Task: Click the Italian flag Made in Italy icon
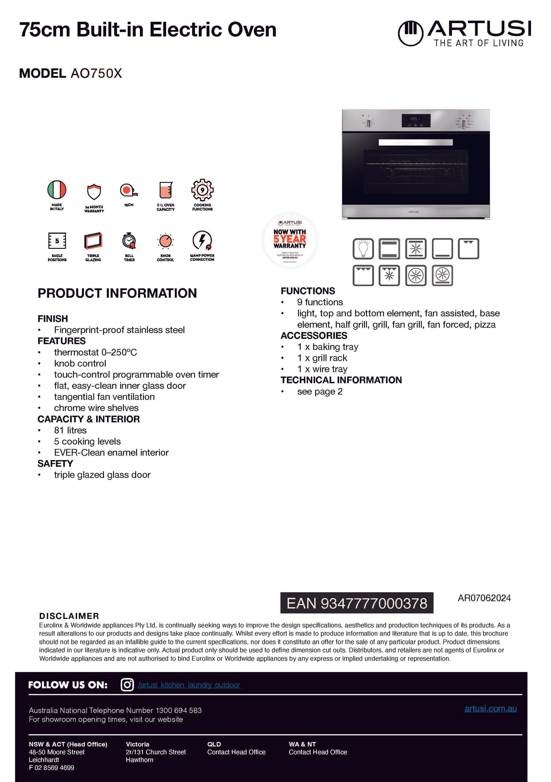pyautogui.click(x=57, y=190)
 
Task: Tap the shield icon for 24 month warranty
pyautogui.click(x=94, y=192)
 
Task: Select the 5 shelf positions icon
pyautogui.click(x=57, y=241)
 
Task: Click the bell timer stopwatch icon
pyautogui.click(x=129, y=241)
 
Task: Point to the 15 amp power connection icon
pyautogui.click(x=202, y=241)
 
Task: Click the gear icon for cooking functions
pyautogui.click(x=202, y=190)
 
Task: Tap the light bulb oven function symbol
pyautogui.click(x=363, y=249)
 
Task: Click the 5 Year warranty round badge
pyautogui.click(x=290, y=240)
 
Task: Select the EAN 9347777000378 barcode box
pyautogui.click(x=357, y=603)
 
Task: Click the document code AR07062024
pyautogui.click(x=484, y=598)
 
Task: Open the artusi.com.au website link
pyautogui.click(x=491, y=708)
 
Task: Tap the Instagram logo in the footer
pyautogui.click(x=127, y=684)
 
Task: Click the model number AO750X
pyautogui.click(x=96, y=74)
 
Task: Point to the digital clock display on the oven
pyautogui.click(x=415, y=120)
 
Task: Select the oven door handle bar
pyautogui.click(x=415, y=142)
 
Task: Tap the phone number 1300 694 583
pyautogui.click(x=179, y=710)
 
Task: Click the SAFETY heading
pyautogui.click(x=55, y=464)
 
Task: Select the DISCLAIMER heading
pyautogui.click(x=69, y=616)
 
